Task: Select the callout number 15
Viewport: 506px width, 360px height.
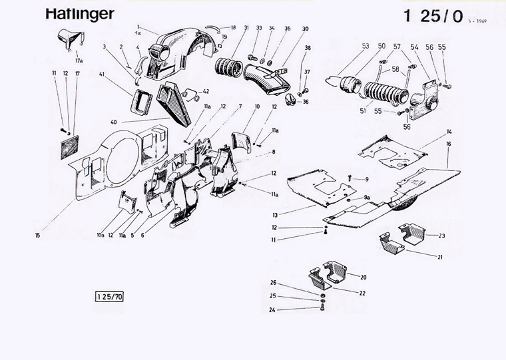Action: click(38, 235)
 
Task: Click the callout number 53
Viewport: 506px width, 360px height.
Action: click(366, 46)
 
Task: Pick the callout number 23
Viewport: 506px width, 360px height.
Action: click(441, 236)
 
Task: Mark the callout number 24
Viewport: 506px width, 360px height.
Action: click(272, 309)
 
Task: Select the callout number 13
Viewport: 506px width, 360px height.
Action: click(275, 215)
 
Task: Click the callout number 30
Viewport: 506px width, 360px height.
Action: click(305, 29)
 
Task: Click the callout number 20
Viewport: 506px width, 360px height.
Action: click(364, 277)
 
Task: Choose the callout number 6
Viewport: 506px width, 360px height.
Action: click(142, 235)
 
